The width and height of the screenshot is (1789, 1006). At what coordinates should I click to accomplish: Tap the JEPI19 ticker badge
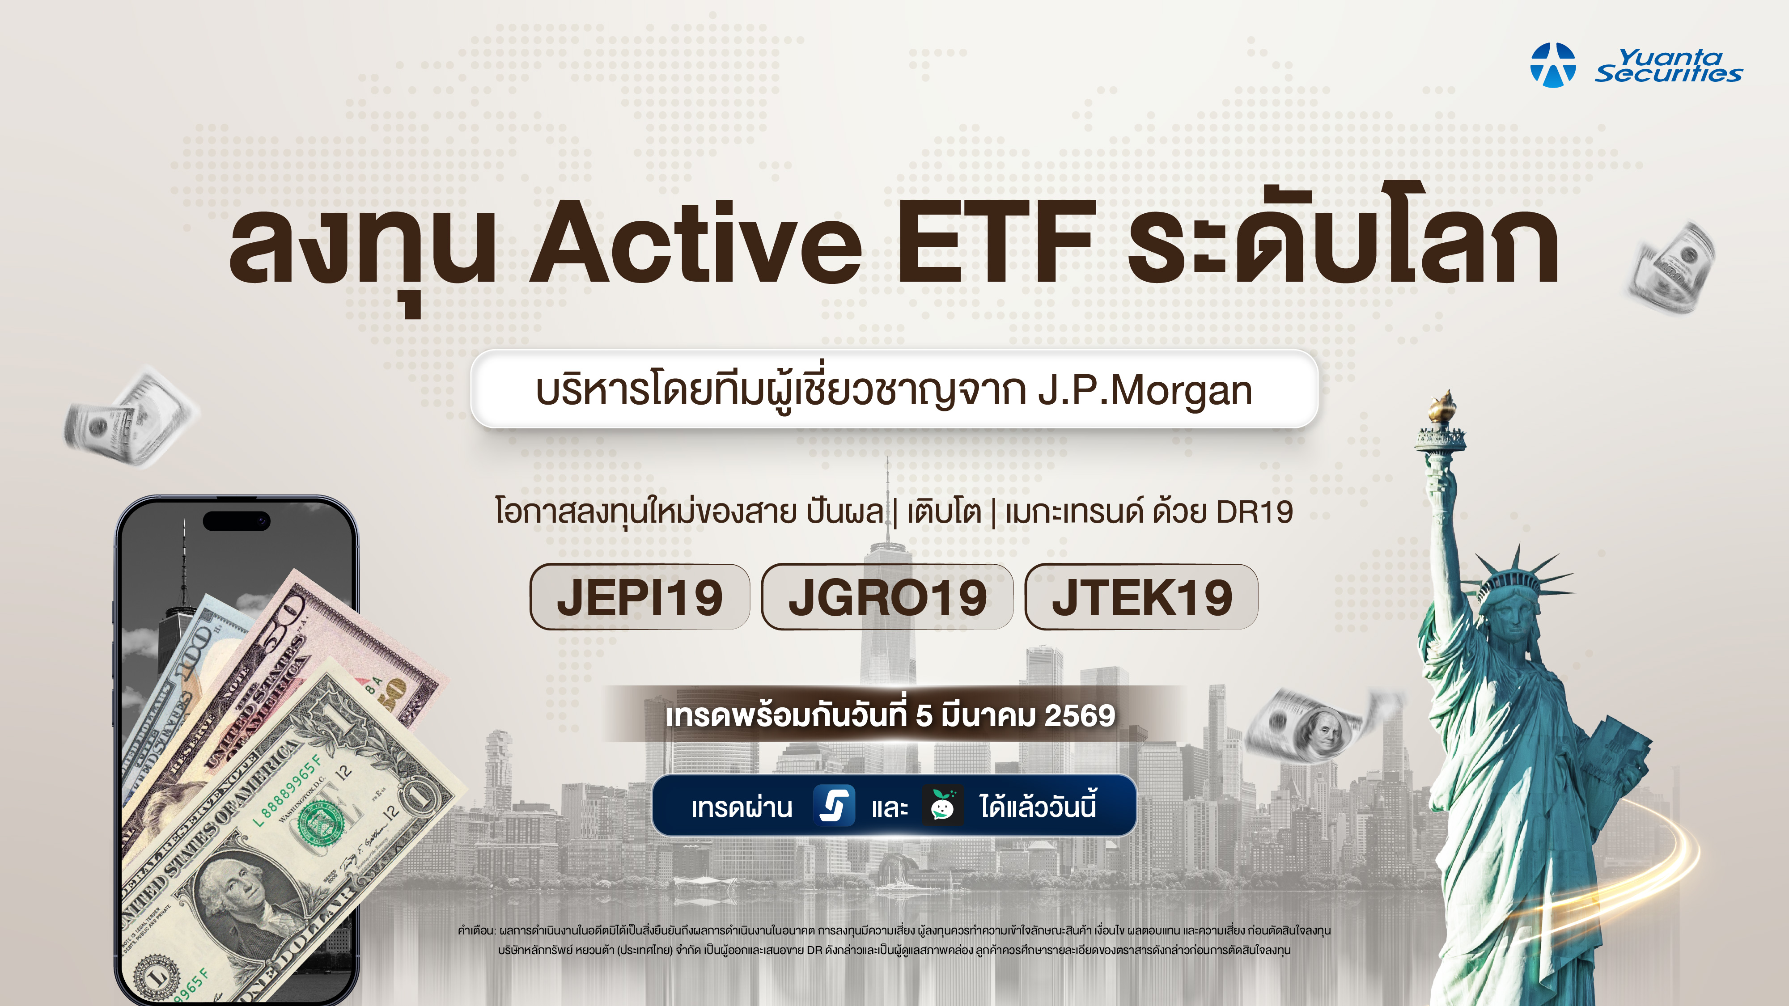640,597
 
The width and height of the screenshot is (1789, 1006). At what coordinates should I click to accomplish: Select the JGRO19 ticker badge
887,597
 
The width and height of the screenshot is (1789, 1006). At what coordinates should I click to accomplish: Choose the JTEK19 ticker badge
1141,597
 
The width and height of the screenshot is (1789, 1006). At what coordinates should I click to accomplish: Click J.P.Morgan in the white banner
1145,391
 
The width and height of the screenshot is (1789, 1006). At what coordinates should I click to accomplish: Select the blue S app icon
834,806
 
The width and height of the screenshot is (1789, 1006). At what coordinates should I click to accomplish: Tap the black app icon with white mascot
942,806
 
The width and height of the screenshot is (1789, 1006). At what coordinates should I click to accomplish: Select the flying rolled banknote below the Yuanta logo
1673,268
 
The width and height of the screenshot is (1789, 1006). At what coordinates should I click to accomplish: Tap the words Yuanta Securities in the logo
1668,65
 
